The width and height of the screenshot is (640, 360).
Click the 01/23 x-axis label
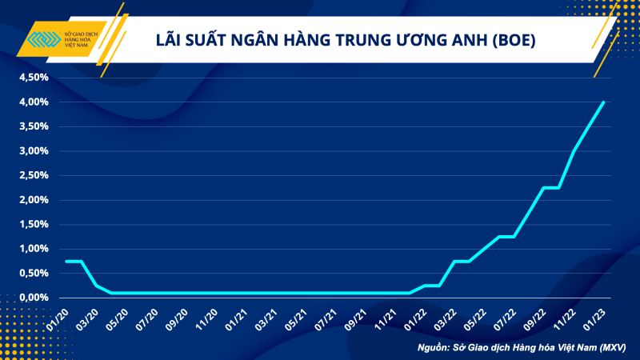coord(596,318)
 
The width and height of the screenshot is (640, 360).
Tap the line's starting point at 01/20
coord(66,261)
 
